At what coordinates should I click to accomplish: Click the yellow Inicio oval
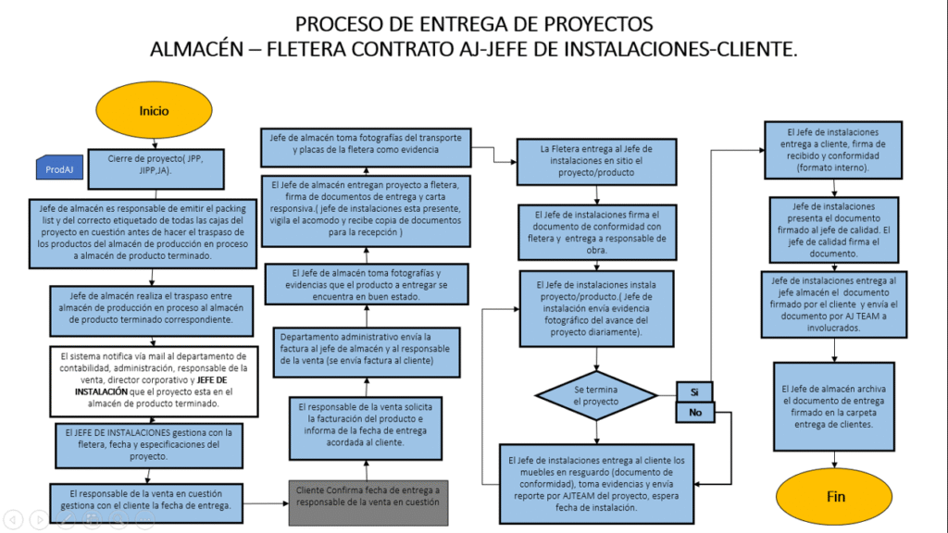click(155, 111)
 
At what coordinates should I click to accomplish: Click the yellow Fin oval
click(835, 497)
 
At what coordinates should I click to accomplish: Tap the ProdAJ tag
click(60, 168)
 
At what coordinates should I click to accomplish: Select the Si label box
click(694, 392)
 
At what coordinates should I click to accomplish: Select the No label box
click(694, 414)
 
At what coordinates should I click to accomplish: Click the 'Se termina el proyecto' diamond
click(594, 396)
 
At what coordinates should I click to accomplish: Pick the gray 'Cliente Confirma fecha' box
click(367, 495)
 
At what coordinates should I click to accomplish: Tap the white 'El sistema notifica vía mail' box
click(148, 379)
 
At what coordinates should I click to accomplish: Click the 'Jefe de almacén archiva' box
click(834, 406)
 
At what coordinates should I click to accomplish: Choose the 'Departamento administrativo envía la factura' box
click(366, 348)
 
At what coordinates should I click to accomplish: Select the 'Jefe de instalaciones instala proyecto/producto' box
click(595, 307)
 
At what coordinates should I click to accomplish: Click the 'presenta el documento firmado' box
click(834, 229)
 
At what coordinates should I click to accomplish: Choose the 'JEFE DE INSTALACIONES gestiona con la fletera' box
click(148, 444)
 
